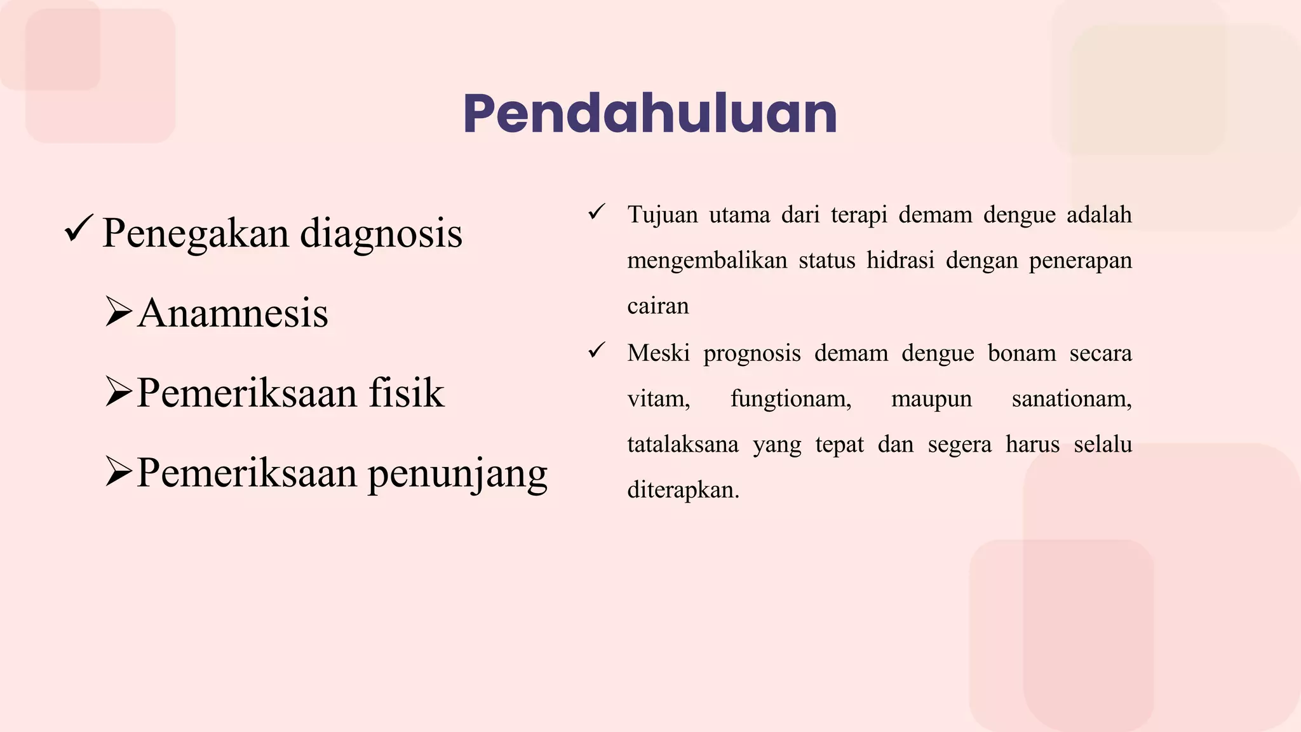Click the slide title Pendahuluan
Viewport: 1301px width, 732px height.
click(650, 114)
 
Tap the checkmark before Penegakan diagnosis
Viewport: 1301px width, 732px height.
click(79, 229)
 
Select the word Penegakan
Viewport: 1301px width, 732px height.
click(196, 234)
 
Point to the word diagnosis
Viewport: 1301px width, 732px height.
click(381, 234)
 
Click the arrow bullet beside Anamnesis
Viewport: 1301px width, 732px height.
click(119, 311)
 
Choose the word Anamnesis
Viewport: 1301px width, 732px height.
click(233, 313)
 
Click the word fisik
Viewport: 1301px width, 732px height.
click(407, 393)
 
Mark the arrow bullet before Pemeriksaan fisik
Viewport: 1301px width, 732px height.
click(119, 391)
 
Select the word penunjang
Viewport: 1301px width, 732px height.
click(457, 474)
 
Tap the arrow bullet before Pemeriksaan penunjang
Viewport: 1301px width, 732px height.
click(119, 471)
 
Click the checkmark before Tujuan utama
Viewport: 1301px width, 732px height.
click(597, 212)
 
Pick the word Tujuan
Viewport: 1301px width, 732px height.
click(663, 215)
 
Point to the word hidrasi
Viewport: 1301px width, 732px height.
click(900, 261)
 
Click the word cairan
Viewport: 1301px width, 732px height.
click(657, 306)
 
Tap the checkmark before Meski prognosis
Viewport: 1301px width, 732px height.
click(597, 350)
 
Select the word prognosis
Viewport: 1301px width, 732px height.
click(752, 353)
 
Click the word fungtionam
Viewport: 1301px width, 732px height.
click(790, 399)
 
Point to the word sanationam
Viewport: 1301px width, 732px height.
click(1072, 399)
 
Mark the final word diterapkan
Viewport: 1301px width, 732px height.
click(683, 490)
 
